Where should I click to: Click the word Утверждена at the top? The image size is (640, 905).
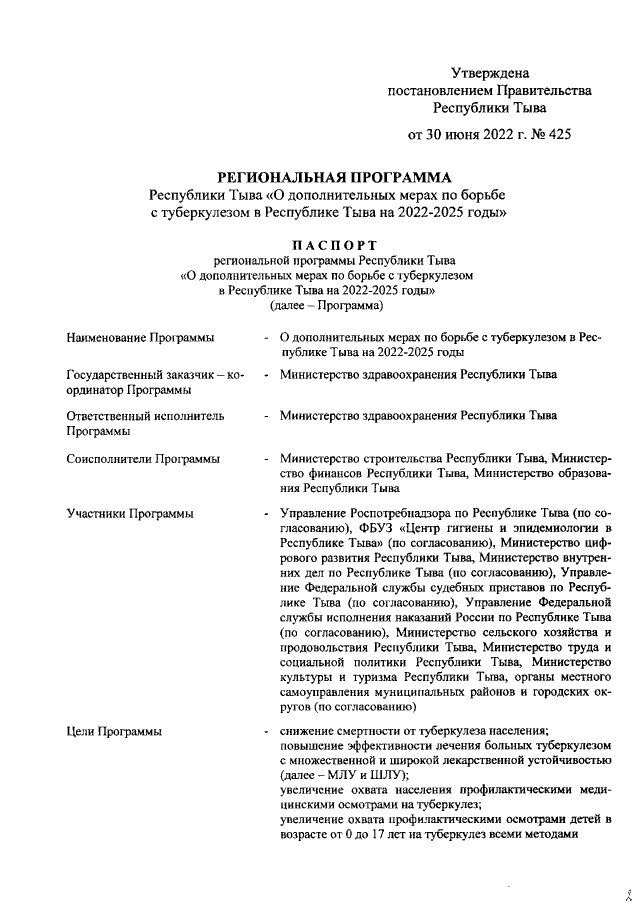pos(490,73)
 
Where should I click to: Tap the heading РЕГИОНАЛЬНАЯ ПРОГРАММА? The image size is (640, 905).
pos(329,177)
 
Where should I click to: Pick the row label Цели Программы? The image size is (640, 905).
pos(113,733)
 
